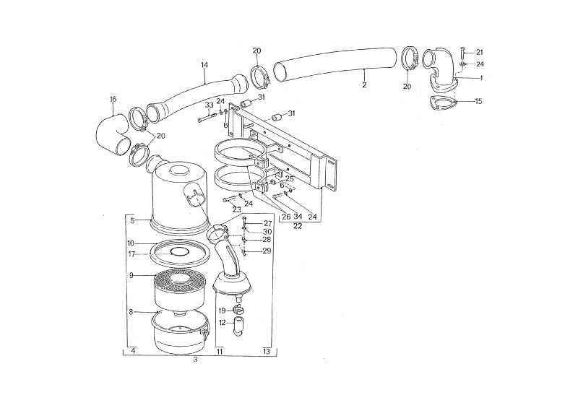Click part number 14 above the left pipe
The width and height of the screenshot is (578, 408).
[204, 65]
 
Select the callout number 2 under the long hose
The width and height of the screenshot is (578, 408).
[364, 84]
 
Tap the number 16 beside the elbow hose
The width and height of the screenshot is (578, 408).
[113, 99]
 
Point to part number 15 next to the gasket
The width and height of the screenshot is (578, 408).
[478, 101]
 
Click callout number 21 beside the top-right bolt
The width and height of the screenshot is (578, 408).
[479, 52]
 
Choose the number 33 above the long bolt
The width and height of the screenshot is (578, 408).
[209, 105]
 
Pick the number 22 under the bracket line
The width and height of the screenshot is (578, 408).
[298, 226]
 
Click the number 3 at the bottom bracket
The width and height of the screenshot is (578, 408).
[195, 360]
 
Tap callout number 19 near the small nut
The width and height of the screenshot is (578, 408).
[223, 311]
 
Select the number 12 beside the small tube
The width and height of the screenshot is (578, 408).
[223, 323]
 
